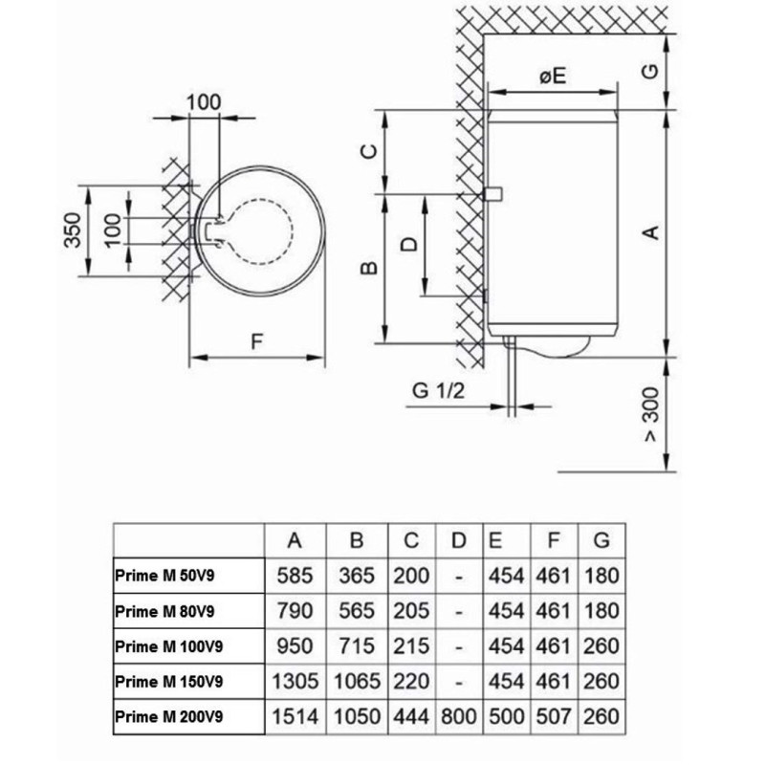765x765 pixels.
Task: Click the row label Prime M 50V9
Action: (x=164, y=576)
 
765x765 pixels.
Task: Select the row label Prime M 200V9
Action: (x=169, y=716)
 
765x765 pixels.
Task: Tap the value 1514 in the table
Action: (x=295, y=716)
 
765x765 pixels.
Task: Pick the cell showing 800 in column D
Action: (x=459, y=716)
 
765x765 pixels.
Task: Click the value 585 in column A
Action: (x=295, y=576)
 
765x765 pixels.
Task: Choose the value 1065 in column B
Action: (x=357, y=681)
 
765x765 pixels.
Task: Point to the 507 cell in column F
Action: (x=554, y=716)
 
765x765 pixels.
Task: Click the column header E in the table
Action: (x=495, y=540)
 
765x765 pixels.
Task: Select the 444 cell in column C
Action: (x=411, y=716)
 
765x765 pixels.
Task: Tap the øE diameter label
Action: (x=553, y=76)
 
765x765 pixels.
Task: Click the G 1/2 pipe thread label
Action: (x=439, y=390)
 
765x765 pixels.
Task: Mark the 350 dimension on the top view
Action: (x=73, y=230)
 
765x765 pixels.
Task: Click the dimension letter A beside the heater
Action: (x=651, y=232)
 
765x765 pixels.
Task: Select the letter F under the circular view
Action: (x=256, y=341)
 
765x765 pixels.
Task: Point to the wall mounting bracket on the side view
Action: (x=492, y=194)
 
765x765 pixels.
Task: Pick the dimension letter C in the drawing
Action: (x=369, y=151)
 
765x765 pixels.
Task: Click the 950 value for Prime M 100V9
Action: (x=295, y=646)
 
